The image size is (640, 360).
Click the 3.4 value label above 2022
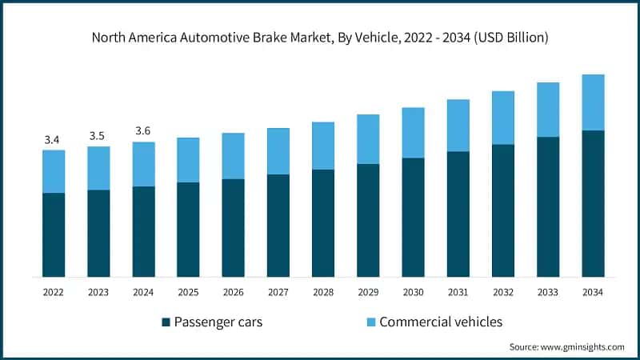(53, 140)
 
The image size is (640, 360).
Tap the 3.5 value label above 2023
(98, 136)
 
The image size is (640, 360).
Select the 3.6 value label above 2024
(143, 131)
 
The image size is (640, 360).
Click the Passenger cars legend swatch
(166, 322)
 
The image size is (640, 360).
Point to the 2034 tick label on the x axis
(593, 293)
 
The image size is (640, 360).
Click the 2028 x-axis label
(322, 293)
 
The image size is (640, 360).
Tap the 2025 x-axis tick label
(188, 293)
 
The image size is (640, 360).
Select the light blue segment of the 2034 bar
(593, 102)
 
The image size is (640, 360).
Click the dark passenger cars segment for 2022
(53, 234)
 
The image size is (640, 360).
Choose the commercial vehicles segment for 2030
(413, 132)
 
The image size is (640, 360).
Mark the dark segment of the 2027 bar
(278, 225)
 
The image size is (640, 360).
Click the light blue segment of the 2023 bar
(98, 167)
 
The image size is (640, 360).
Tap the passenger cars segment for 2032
(502, 210)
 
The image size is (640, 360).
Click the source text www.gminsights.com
(586, 347)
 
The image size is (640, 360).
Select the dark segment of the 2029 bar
(368, 220)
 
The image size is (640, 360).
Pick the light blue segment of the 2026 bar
(233, 155)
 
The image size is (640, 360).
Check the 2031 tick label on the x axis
(458, 293)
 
